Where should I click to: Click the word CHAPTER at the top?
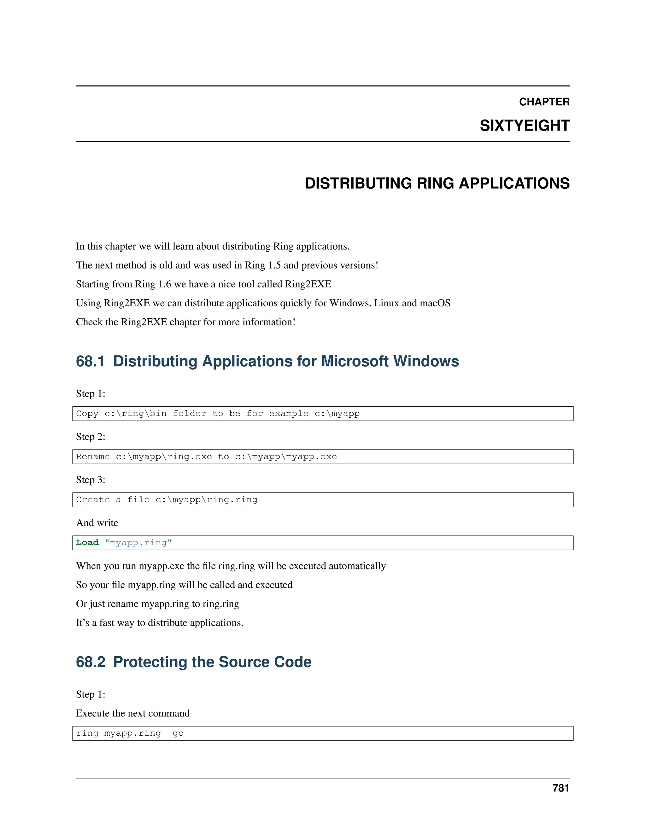click(x=544, y=102)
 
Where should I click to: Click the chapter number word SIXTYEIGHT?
click(x=524, y=126)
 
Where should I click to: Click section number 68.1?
click(x=90, y=361)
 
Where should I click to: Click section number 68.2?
click(x=90, y=662)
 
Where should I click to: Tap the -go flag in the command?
click(x=175, y=733)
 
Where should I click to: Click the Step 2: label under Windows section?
click(x=90, y=437)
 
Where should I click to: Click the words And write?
click(x=97, y=523)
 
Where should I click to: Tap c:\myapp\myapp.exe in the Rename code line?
click(x=286, y=457)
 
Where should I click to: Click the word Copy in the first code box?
click(x=87, y=413)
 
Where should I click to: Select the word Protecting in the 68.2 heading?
click(x=150, y=662)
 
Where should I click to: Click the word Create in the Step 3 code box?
click(x=93, y=499)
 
